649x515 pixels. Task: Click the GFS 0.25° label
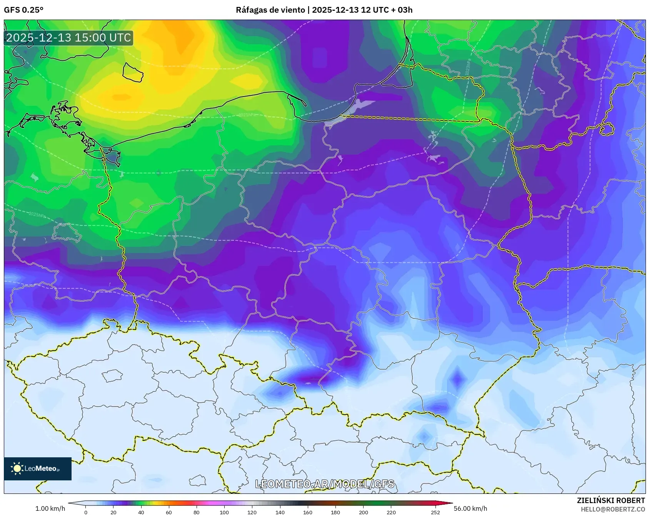tap(23, 10)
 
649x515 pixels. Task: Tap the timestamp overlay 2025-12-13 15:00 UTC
tap(68, 38)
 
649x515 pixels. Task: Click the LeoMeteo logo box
tap(38, 468)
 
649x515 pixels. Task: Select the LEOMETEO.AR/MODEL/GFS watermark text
tap(324, 483)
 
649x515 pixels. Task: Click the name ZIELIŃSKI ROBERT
tap(611, 500)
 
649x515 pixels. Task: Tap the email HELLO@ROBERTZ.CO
tap(612, 509)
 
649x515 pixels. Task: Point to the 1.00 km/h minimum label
tap(50, 508)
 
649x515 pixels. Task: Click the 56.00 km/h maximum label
tap(470, 508)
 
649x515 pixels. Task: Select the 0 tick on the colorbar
tap(85, 512)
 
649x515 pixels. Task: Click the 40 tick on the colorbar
tap(141, 512)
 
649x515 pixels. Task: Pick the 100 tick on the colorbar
tap(224, 512)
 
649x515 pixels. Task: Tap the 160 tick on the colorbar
tap(308, 512)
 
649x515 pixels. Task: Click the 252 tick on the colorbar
tap(435, 512)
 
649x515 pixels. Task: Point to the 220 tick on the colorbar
tap(391, 512)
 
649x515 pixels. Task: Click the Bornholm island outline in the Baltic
tap(133, 72)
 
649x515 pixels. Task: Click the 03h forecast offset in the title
tap(405, 10)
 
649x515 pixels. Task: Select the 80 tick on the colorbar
tap(197, 512)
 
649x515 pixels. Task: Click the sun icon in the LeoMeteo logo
tap(17, 468)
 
